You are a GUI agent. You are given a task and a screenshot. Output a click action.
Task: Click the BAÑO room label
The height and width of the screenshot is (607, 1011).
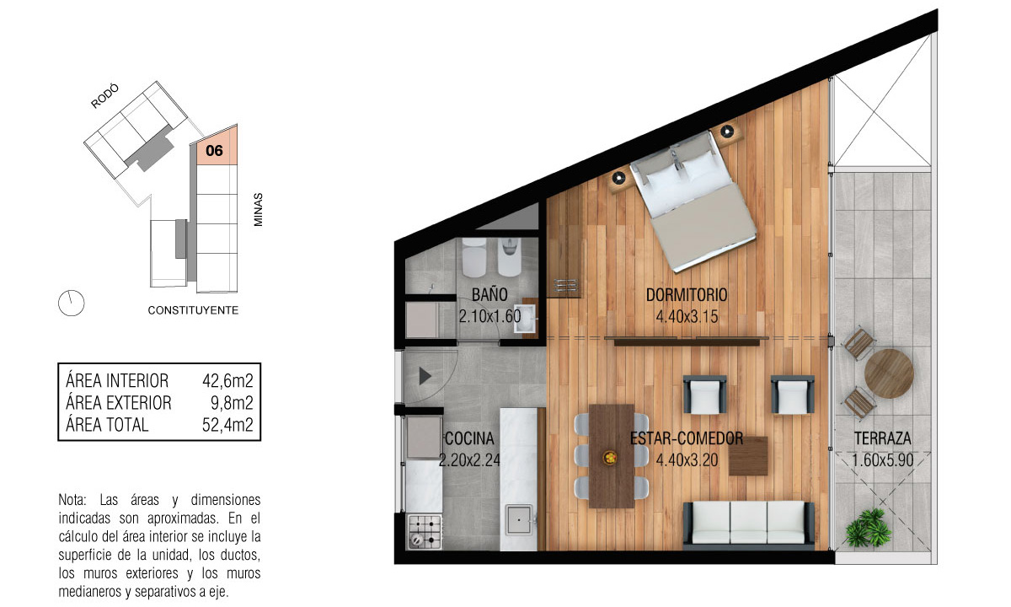[x=489, y=295]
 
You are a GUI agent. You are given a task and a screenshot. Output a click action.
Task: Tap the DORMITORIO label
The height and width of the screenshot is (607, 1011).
[x=687, y=295]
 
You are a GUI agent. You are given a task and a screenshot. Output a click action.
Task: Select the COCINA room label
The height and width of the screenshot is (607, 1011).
[x=469, y=438]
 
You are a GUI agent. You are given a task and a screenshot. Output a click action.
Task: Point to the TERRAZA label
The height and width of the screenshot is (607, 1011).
[x=882, y=438]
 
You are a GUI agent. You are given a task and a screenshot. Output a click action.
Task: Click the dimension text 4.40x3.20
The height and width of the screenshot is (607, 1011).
[x=687, y=460]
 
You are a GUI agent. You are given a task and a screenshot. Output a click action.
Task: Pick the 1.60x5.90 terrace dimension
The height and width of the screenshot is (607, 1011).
[x=882, y=460]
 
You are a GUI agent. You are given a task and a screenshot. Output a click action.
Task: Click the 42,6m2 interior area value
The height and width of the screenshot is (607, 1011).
[x=227, y=381]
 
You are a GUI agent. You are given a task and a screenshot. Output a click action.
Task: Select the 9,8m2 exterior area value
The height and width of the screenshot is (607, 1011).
[x=232, y=403]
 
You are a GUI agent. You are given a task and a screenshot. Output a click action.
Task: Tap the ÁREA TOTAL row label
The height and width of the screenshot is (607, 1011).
[x=107, y=425]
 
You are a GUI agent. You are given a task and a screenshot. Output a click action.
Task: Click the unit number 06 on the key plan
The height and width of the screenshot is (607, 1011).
[x=214, y=150]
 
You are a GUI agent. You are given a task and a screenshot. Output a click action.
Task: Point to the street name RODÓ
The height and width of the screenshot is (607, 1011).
[x=104, y=96]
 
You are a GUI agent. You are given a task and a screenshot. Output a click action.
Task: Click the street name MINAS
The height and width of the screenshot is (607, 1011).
[x=258, y=210]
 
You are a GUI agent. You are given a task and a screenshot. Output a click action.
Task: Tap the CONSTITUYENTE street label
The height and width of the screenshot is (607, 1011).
[x=193, y=310]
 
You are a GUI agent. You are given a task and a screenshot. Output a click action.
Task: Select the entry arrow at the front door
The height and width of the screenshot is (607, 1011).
[x=425, y=376]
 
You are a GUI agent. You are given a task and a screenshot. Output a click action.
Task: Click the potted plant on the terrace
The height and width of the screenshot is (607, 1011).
[x=869, y=528]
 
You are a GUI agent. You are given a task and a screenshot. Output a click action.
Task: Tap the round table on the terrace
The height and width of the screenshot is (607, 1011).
[x=889, y=373]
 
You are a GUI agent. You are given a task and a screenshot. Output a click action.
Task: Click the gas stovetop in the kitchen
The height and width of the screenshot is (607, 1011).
[x=425, y=532]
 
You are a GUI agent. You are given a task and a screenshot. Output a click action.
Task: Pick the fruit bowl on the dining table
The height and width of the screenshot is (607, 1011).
[x=610, y=458]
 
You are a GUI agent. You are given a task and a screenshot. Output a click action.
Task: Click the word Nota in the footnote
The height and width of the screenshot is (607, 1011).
[x=72, y=500]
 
